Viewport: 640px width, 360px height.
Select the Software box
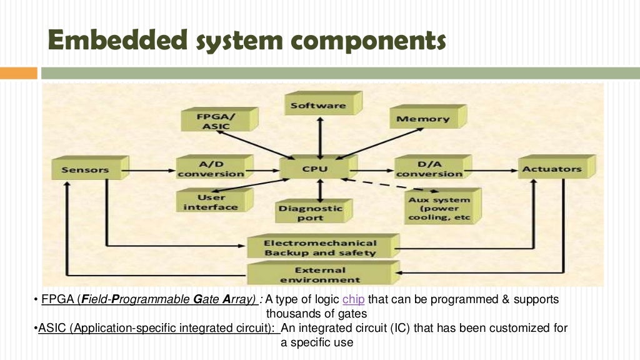click(x=318, y=106)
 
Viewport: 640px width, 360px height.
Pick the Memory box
click(x=423, y=119)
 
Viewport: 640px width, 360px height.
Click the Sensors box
click(x=86, y=169)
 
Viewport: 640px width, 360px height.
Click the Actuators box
click(x=552, y=169)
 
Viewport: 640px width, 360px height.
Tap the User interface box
click(x=211, y=202)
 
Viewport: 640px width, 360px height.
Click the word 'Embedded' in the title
click(x=118, y=41)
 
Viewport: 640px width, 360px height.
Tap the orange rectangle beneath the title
click(x=18, y=73)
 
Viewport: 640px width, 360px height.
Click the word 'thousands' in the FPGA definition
click(x=292, y=313)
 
